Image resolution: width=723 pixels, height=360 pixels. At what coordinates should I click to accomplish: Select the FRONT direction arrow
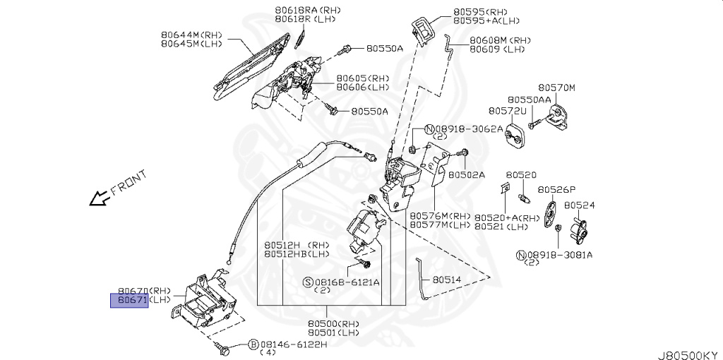[x=99, y=199]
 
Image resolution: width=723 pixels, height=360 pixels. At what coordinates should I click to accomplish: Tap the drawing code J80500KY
[x=688, y=349]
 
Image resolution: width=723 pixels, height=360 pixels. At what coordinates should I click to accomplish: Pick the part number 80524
[x=579, y=205]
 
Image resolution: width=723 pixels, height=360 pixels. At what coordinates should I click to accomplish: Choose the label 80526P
[x=556, y=189]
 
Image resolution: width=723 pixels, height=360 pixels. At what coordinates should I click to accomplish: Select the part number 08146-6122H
[x=289, y=344]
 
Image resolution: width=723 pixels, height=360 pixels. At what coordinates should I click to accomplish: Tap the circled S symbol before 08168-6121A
[x=308, y=282]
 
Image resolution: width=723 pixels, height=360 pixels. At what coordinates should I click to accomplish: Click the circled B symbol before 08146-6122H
[x=252, y=344]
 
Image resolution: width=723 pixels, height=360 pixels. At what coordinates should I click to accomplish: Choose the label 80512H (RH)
[x=296, y=244]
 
